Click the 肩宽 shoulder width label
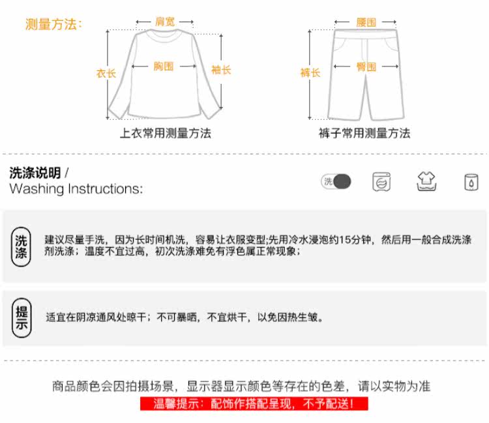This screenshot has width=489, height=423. (x=164, y=22)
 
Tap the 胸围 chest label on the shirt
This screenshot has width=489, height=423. (x=164, y=66)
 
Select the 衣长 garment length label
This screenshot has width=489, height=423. (x=106, y=73)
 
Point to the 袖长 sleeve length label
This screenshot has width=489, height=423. (x=221, y=70)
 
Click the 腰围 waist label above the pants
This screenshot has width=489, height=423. (x=366, y=22)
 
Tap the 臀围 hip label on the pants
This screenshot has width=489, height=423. (x=366, y=66)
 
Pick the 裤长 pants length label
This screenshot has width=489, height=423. (x=310, y=73)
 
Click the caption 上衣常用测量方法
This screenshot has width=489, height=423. (x=165, y=134)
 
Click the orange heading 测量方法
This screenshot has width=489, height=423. (x=53, y=25)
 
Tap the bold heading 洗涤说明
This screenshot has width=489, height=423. (x=35, y=173)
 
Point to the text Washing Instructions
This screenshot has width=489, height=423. (x=76, y=189)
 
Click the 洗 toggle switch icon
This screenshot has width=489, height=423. (x=336, y=182)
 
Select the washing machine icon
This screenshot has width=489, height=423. (x=381, y=182)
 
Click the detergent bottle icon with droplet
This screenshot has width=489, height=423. (x=470, y=182)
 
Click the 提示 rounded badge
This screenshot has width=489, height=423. (x=22, y=317)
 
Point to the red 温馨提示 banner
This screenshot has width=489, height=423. (x=254, y=405)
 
